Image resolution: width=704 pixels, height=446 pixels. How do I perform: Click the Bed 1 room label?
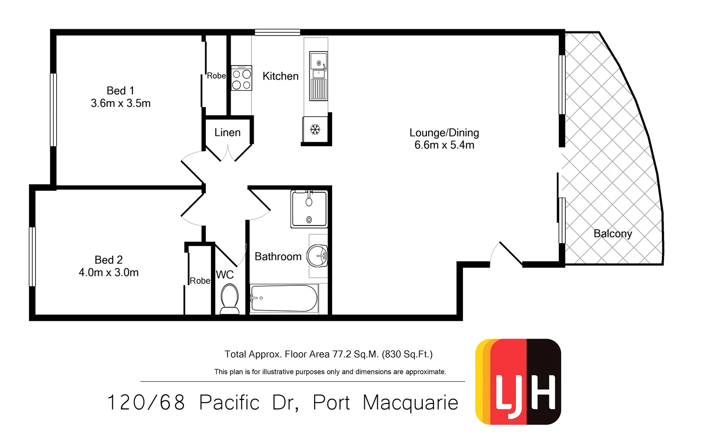point(120,90)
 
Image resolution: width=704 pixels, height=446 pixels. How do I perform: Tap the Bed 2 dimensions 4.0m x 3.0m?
point(109,273)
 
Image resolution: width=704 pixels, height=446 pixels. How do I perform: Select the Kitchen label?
point(280,76)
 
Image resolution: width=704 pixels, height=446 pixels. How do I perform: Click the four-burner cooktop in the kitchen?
point(241,78)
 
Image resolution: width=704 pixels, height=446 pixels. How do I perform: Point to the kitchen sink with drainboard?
point(319,76)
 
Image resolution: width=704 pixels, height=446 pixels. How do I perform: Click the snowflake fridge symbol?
point(315,130)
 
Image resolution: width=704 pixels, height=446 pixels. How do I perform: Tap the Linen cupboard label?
point(227,133)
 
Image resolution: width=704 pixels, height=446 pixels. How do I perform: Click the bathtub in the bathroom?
point(284,298)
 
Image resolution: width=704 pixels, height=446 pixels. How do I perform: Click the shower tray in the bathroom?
point(309,209)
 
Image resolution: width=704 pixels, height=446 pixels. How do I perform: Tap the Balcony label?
point(613,234)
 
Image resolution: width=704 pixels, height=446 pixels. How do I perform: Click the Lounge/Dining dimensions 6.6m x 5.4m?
point(444,145)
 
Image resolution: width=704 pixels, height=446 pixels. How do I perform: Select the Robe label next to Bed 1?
point(216,76)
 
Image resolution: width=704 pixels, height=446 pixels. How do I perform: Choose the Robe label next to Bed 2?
point(200,281)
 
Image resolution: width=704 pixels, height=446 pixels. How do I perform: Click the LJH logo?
point(518,382)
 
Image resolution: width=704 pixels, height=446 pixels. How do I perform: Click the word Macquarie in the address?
point(410,403)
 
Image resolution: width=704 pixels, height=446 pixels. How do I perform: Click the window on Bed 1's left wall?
point(53,110)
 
